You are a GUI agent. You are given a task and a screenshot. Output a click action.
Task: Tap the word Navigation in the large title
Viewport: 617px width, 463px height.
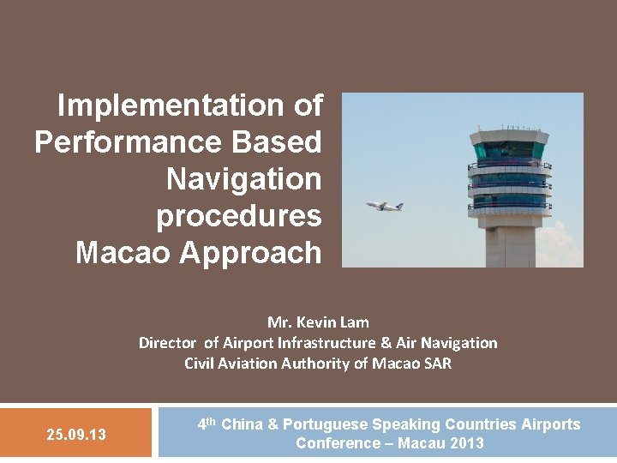[243, 180]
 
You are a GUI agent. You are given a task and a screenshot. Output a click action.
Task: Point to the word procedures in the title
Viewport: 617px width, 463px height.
[238, 217]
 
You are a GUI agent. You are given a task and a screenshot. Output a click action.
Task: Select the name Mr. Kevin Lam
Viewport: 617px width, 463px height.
[318, 322]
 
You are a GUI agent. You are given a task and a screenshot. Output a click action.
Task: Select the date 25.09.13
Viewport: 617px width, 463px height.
[76, 435]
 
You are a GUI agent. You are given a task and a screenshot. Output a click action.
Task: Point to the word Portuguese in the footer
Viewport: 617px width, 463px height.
[326, 424]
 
